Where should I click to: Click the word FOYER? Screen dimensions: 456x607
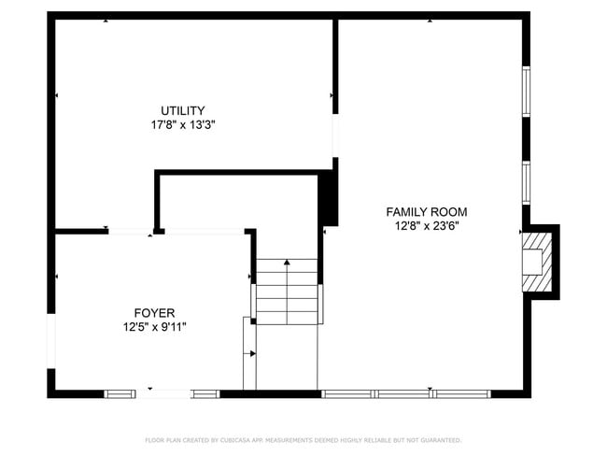pyautogui.click(x=154, y=313)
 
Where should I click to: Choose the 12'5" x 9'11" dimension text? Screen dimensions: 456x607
pyautogui.click(x=154, y=326)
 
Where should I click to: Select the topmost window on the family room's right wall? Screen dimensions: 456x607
pyautogui.click(x=526, y=91)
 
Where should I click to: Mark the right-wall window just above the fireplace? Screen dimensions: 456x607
pyautogui.click(x=526, y=182)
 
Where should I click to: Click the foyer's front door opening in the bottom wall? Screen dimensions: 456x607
pyautogui.click(x=165, y=393)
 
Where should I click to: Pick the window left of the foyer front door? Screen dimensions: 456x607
pyautogui.click(x=120, y=393)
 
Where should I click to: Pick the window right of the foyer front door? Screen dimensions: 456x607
pyautogui.click(x=205, y=393)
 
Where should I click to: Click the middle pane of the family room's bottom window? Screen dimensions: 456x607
pyautogui.click(x=405, y=393)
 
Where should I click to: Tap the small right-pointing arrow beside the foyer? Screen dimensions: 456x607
pyautogui.click(x=253, y=353)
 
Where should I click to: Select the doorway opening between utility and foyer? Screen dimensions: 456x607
pyautogui.click(x=131, y=231)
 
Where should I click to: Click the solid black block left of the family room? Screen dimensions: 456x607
pyautogui.click(x=328, y=198)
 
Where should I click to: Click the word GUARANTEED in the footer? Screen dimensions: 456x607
pyautogui.click(x=438, y=440)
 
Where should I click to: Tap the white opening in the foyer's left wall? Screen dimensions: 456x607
pyautogui.click(x=51, y=340)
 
